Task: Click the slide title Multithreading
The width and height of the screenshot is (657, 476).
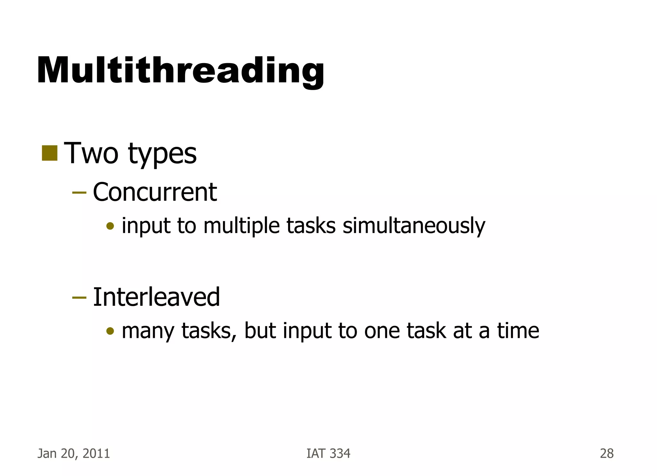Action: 181,71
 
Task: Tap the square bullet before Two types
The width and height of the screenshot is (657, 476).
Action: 49,153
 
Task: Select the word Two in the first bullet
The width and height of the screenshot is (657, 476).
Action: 91,154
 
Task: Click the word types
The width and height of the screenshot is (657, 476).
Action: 162,155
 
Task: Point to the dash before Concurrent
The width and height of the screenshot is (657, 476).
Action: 79,193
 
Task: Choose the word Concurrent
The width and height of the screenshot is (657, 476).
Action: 155,192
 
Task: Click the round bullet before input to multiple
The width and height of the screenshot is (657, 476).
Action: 110,226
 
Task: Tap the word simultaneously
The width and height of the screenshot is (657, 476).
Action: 414,226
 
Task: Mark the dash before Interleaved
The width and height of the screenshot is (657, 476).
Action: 79,297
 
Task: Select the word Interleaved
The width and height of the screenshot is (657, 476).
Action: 156,297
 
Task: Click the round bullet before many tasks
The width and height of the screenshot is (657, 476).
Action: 110,331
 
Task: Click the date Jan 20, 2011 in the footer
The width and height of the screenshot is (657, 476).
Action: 74,454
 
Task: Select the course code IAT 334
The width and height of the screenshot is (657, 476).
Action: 328,454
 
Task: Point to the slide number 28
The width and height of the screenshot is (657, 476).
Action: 607,454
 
